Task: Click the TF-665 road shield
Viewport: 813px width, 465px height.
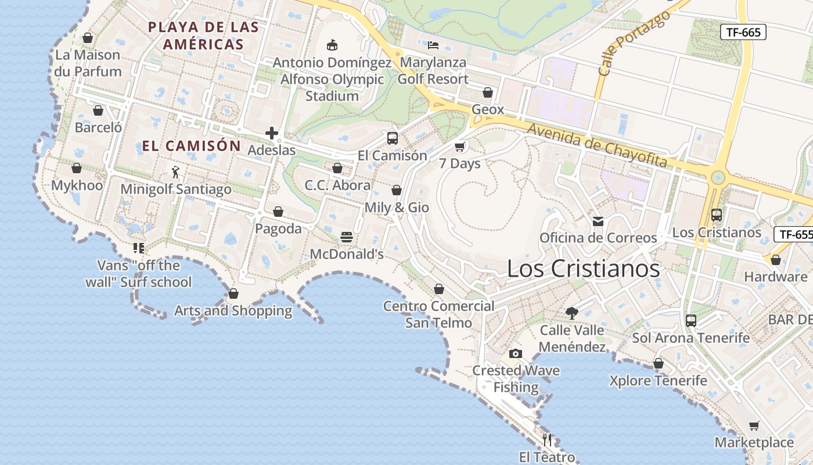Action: point(743,32)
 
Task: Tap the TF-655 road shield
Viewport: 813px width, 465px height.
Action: point(795,234)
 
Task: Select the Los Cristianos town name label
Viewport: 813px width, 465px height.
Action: point(583,269)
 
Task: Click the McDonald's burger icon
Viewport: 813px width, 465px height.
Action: point(347,237)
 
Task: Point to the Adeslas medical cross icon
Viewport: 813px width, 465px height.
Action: point(271,133)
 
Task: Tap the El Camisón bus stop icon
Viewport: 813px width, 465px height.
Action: point(393,138)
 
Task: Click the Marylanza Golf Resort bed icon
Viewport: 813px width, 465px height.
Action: point(433,45)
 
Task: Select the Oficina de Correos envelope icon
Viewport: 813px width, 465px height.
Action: point(598,221)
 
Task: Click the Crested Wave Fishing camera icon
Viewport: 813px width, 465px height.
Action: point(515,353)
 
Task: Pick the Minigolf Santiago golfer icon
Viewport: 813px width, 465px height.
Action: point(175,172)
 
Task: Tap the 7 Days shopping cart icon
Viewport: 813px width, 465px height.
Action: point(460,146)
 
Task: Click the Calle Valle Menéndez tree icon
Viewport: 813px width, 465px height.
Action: point(572,313)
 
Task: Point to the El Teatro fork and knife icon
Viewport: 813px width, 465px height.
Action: point(546,439)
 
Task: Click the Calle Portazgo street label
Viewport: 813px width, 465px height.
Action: point(634,44)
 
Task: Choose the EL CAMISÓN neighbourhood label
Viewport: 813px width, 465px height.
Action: point(191,146)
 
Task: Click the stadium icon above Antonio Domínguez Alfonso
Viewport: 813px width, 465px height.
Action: point(332,45)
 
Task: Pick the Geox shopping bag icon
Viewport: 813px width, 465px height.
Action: point(488,92)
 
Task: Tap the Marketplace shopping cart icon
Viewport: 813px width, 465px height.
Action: point(754,425)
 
